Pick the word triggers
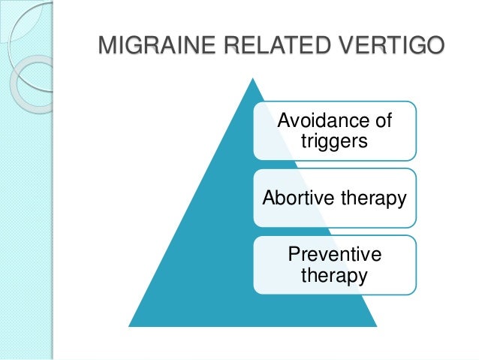[x=334, y=141]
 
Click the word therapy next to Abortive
[x=371, y=198]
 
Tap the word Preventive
[x=334, y=255]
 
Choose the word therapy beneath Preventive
[x=334, y=276]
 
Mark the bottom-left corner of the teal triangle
[x=130, y=325]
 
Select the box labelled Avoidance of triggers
[x=334, y=130]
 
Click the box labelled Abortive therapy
[x=334, y=198]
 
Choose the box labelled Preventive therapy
[x=334, y=265]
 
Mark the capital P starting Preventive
[x=294, y=255]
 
